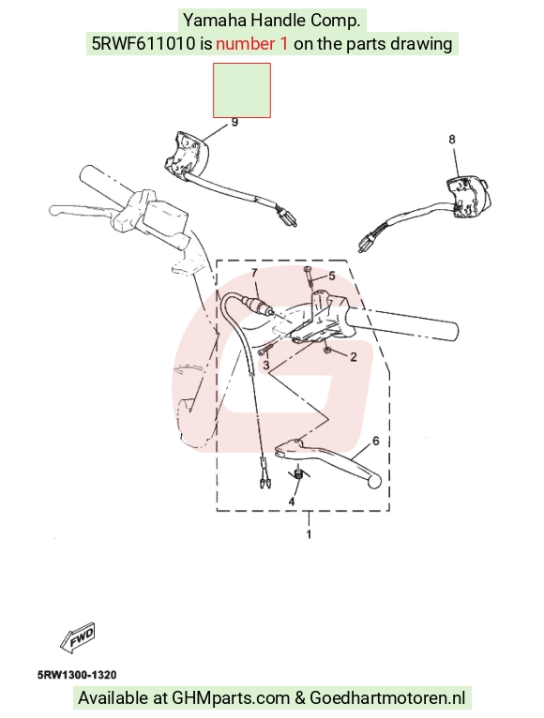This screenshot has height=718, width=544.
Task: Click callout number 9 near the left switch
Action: click(x=234, y=123)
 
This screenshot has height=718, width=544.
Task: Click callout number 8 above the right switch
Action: click(x=452, y=140)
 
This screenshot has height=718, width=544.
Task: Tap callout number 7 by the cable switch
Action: click(x=255, y=274)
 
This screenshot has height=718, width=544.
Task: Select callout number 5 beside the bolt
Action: click(x=331, y=276)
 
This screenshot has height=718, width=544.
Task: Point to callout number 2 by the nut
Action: click(x=353, y=357)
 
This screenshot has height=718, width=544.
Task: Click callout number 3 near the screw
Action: click(x=266, y=366)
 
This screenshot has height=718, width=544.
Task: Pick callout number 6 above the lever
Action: click(x=376, y=441)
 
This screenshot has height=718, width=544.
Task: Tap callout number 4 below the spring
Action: click(x=292, y=501)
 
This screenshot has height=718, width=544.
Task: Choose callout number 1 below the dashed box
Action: click(x=309, y=534)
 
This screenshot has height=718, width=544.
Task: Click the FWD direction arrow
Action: click(x=78, y=636)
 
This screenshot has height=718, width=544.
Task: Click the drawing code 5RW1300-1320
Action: click(x=77, y=675)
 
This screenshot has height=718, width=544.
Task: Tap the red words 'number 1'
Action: click(x=252, y=44)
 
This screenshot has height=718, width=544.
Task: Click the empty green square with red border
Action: click(x=242, y=90)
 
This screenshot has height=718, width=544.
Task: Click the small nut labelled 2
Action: click(x=328, y=351)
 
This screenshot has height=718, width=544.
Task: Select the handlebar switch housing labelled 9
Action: click(x=186, y=155)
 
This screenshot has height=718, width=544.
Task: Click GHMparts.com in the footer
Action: click(x=231, y=698)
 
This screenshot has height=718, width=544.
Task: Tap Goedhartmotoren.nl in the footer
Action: click(x=387, y=698)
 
